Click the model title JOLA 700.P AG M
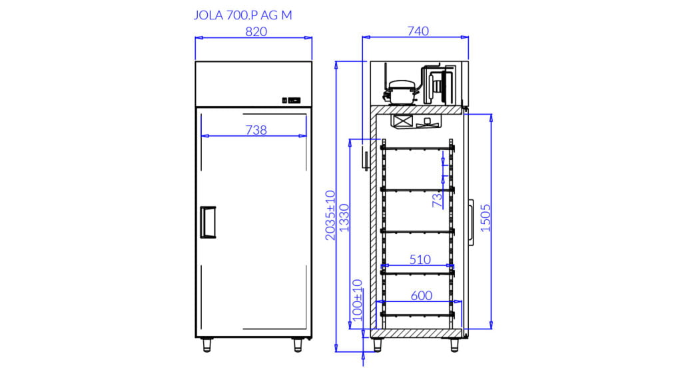point(242,15)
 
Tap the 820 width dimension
point(256,32)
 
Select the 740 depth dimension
point(418,31)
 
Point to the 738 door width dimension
point(256,130)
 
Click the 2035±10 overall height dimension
point(330,215)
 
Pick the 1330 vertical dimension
point(344,218)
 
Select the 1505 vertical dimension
point(486,218)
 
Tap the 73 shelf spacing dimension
point(437,200)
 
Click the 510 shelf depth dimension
point(420,259)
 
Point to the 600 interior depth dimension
point(422,296)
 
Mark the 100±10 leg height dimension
point(358,300)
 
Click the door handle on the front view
point(208,222)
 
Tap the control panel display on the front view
point(292,100)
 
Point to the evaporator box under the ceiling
point(416,121)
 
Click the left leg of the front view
point(207,345)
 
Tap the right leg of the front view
point(298,345)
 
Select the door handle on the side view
point(471,222)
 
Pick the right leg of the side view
point(454,345)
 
